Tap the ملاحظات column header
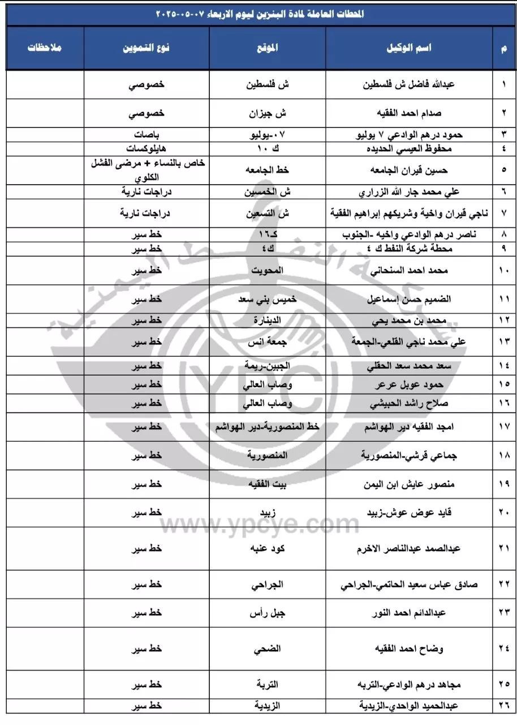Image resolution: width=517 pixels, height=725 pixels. (45, 48)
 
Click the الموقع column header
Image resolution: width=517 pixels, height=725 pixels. (267, 48)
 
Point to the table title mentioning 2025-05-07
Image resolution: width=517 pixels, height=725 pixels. (258, 14)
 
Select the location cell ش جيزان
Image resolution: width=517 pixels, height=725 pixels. (267, 112)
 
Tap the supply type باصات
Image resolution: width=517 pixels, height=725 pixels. (147, 136)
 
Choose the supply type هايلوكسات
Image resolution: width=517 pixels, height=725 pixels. (147, 148)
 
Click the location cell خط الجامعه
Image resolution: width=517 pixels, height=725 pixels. (267, 169)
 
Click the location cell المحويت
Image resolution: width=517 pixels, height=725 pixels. (267, 271)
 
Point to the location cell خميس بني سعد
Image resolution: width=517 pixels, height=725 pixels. (267, 298)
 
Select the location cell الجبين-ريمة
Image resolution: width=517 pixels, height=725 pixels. (267, 365)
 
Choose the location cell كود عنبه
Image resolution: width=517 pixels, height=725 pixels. (267, 548)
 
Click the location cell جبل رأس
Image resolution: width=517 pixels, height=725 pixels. (267, 613)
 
